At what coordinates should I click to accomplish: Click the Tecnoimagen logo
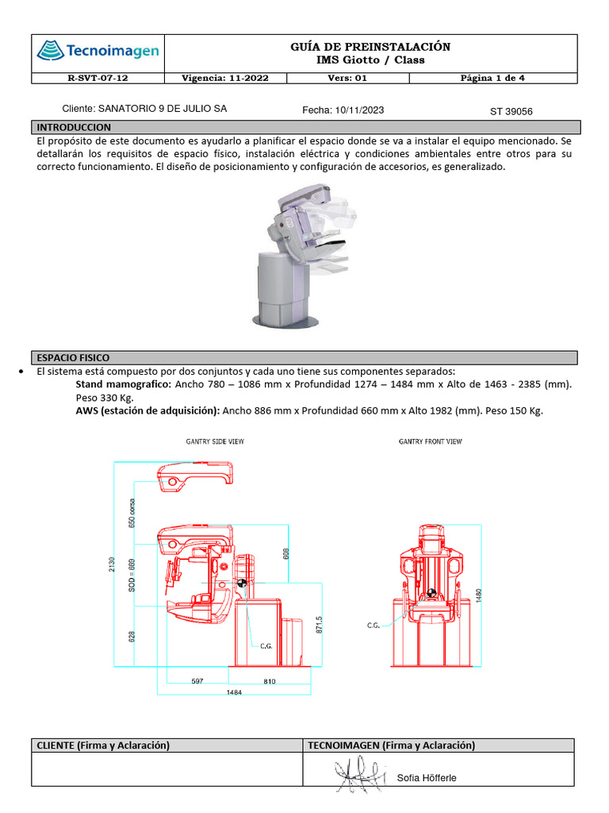pos(98,52)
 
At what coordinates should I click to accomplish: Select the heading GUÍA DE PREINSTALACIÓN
pos(370,47)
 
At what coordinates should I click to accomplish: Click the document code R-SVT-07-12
pos(97,79)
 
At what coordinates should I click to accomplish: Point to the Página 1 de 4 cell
pos(492,79)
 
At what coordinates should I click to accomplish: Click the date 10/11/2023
pos(360,110)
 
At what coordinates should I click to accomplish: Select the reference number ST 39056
pos(511,111)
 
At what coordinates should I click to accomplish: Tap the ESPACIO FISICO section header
pos(74,358)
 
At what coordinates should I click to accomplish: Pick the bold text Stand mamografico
pos(123,384)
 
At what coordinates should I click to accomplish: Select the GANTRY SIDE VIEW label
pos(215,441)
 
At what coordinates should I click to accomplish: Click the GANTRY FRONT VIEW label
pos(430,441)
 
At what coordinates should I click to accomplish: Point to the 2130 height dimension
pos(113,564)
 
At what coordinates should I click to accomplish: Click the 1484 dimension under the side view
pos(234,692)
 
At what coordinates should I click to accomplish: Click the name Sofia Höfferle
pos(427,778)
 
